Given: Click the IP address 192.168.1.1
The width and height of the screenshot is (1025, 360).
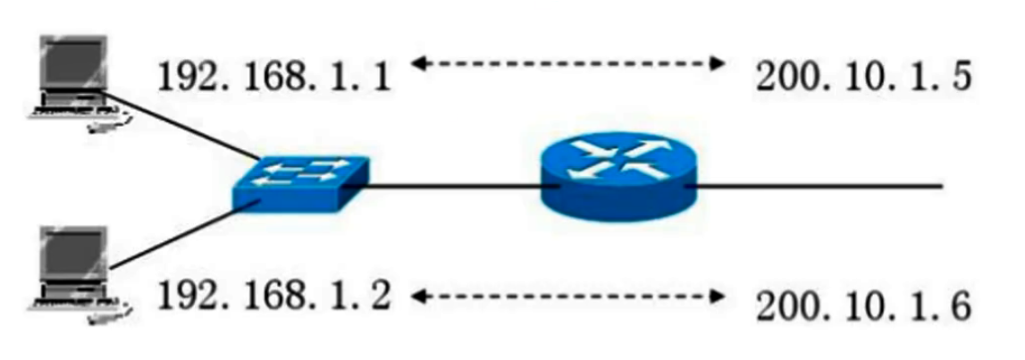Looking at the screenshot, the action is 273,78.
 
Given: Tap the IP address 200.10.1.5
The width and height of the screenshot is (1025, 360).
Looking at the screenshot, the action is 862,78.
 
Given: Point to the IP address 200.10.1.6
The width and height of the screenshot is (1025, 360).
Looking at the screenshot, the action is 862,308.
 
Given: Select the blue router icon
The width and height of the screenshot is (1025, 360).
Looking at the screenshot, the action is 619,180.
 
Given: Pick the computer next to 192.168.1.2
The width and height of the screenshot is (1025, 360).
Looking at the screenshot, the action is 76,268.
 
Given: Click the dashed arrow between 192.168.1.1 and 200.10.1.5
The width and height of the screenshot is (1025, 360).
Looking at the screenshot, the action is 567,63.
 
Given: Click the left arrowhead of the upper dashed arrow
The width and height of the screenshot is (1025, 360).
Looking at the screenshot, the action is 418,63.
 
